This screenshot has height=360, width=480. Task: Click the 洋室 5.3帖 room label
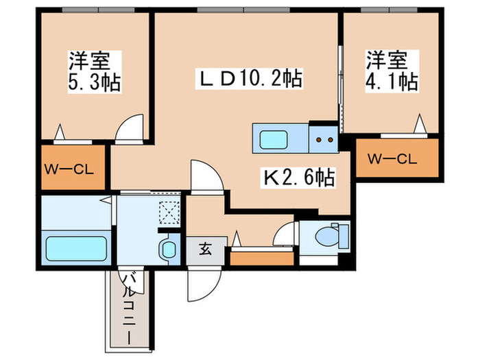[x=94, y=71]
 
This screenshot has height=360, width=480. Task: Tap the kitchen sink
[x=280, y=139]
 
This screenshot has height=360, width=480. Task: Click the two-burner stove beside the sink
[x=324, y=140]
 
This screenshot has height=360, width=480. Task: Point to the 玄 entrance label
[x=205, y=250]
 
